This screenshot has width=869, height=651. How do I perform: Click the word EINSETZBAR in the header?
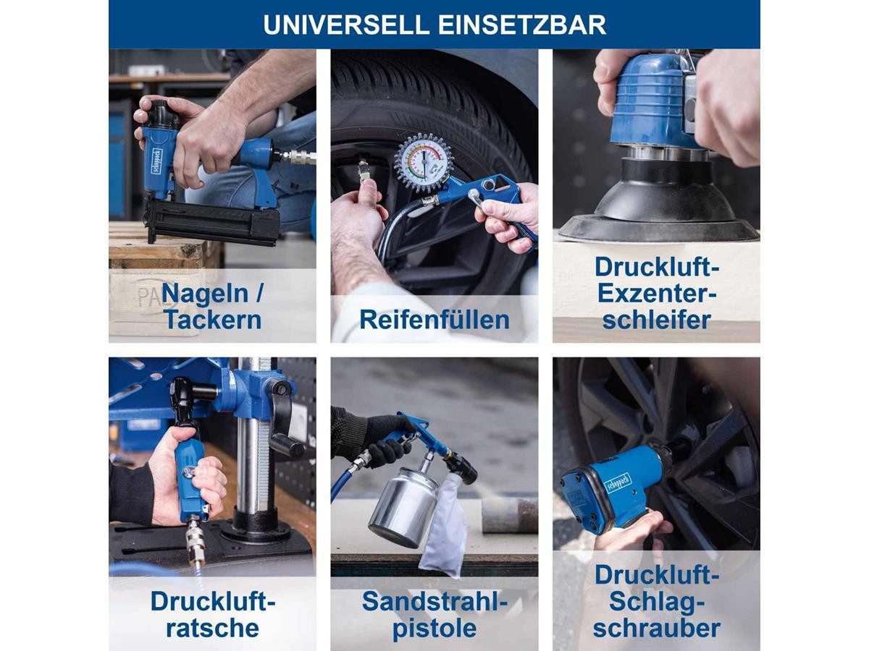522,25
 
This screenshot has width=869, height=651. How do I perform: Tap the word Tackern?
213,320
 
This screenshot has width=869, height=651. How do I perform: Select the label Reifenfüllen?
434,320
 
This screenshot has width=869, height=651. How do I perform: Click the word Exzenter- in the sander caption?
657,293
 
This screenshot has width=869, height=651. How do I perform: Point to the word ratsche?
213,628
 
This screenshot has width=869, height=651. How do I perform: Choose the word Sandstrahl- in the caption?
434,602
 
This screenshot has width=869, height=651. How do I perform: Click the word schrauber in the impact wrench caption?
657,628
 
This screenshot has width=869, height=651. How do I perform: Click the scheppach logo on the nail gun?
156,161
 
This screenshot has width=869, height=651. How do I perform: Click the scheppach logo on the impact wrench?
617,483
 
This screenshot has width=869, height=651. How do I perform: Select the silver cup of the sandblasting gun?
404,507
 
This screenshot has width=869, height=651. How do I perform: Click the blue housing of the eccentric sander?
650,101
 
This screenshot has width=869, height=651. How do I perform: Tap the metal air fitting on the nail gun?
300,157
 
